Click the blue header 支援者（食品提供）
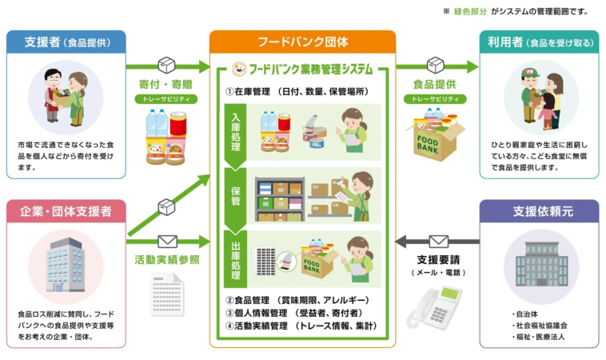(x=66, y=42)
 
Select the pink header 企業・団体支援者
(x=66, y=212)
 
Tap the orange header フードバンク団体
(x=302, y=42)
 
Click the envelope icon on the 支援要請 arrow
(x=438, y=241)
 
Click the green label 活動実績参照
(x=167, y=259)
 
